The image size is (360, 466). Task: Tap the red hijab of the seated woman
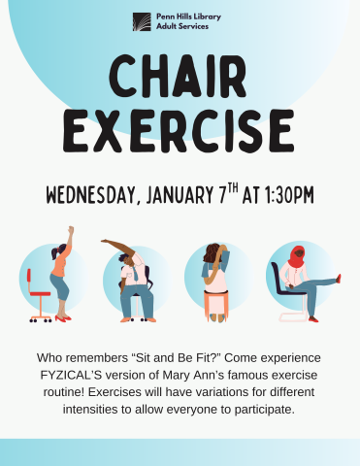point(296,256)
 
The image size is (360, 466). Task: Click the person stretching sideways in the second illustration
point(131,277)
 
